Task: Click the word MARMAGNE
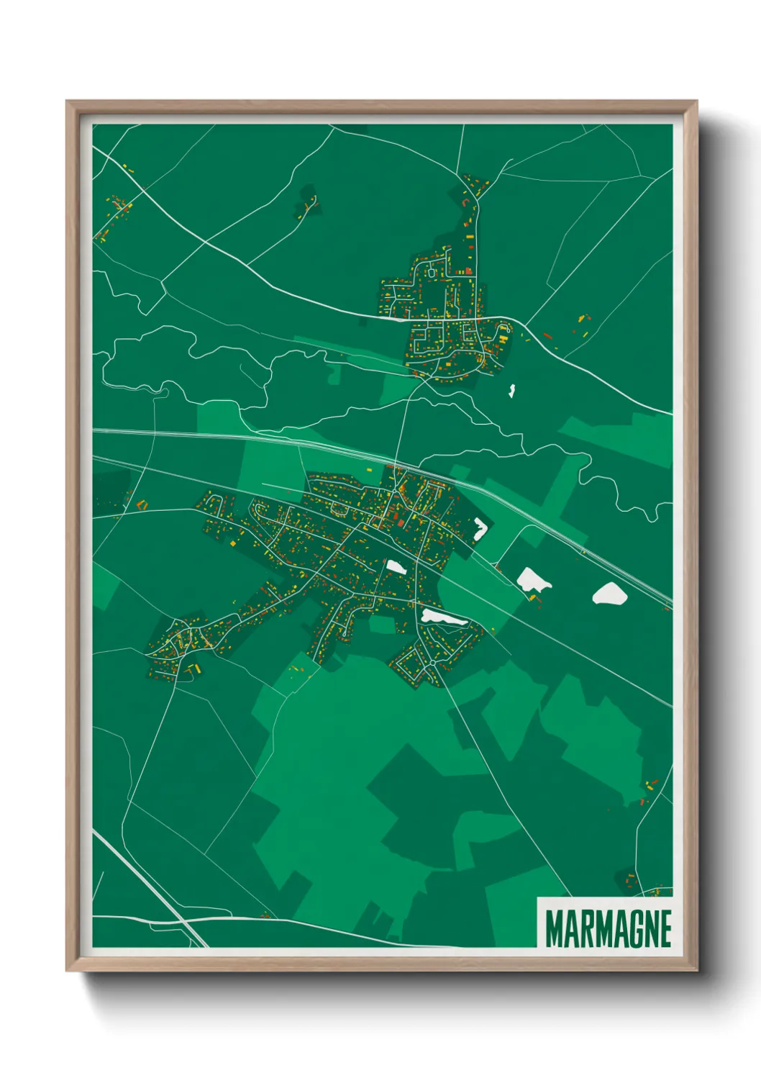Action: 608,928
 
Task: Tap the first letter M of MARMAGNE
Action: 554,928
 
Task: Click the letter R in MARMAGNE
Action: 588,928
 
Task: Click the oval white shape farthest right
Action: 609,594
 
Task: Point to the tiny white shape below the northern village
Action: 511,391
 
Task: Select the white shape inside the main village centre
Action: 396,566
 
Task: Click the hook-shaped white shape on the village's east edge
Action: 480,529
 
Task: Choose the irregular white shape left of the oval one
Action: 533,579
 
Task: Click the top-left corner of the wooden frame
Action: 67,101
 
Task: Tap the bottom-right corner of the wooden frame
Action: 696,970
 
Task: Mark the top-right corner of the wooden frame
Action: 696,101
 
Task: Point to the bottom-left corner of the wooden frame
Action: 67,970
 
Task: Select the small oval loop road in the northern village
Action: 431,273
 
